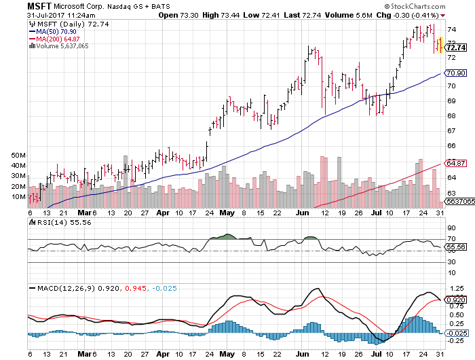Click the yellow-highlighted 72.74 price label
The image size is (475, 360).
(457, 48)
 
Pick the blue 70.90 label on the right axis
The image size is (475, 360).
(456, 73)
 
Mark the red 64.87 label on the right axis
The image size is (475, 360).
(456, 163)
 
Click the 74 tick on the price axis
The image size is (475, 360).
(451, 29)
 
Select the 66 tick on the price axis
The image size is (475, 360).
(451, 145)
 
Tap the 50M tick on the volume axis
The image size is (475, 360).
(18, 156)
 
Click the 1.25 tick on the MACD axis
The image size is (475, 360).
(455, 289)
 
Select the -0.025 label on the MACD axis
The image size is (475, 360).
(457, 332)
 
